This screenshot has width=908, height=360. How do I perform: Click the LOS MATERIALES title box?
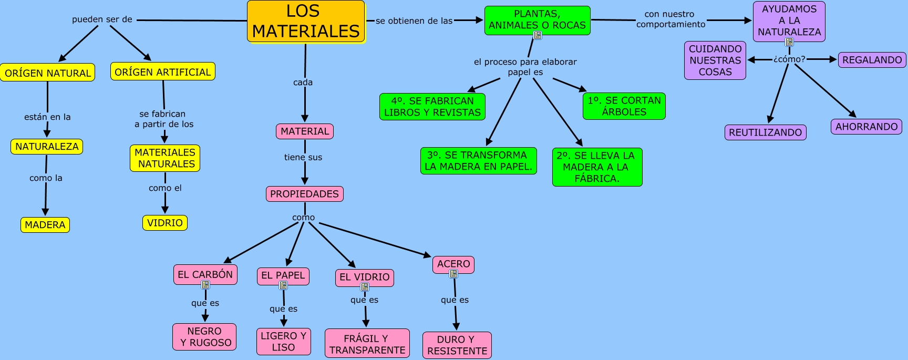[x=306, y=22]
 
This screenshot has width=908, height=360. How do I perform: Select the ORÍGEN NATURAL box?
[x=48, y=73]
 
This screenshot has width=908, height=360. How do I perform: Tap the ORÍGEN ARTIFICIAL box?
[x=162, y=72]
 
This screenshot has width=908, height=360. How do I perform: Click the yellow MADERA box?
[x=45, y=225]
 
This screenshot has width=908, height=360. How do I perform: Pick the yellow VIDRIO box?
[x=165, y=223]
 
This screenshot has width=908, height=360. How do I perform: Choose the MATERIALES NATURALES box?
[x=165, y=158]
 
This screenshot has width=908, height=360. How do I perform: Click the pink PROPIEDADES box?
[x=304, y=194]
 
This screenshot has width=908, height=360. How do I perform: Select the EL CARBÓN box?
[x=205, y=274]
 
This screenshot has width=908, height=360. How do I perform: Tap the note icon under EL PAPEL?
[x=283, y=285]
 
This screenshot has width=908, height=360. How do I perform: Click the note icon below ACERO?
[x=453, y=273]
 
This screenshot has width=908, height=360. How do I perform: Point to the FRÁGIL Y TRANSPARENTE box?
[x=367, y=344]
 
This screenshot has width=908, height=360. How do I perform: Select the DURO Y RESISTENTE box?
[x=457, y=345]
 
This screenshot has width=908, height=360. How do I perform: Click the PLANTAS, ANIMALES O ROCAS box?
[x=537, y=20]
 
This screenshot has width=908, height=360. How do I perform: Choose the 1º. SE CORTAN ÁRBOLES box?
[x=624, y=106]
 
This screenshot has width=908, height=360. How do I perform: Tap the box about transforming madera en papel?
[x=478, y=161]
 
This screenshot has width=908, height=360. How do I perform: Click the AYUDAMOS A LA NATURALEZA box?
[x=789, y=20]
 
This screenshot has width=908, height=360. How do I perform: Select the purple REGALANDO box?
[x=872, y=60]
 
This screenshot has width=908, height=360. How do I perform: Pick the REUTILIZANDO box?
[x=765, y=132]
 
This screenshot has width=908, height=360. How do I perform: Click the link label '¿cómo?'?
[x=789, y=59]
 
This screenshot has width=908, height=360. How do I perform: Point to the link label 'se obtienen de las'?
[x=414, y=21]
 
